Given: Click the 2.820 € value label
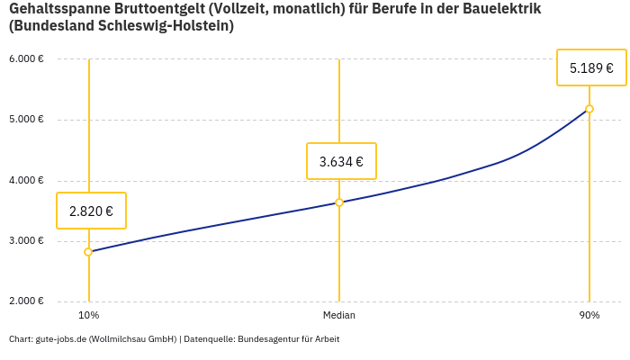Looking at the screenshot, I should [91, 211].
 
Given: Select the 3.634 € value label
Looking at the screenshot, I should [341, 162].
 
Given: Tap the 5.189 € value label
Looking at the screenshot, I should [591, 67].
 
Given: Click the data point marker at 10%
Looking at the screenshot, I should [88, 252].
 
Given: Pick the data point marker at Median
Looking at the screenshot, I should [339, 202].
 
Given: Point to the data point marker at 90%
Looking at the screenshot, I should [589, 109].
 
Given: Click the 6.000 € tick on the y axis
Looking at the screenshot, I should [26, 59].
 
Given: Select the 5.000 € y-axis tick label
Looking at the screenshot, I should [26, 120].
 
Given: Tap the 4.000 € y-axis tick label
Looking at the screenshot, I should [26, 181].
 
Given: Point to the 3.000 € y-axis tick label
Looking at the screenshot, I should [26, 241].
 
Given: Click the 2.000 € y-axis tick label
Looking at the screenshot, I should [26, 301].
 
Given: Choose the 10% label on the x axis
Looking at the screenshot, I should [88, 316].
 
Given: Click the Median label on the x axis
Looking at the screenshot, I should [339, 316].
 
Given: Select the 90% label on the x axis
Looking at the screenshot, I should [589, 316].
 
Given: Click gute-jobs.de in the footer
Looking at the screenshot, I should [60, 339].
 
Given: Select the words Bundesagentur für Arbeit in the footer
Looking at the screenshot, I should [288, 339].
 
